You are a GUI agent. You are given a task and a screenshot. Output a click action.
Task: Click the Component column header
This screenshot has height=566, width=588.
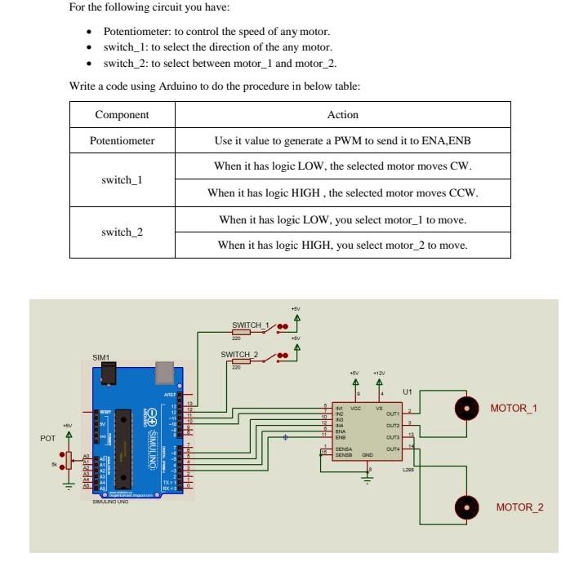pos(122,115)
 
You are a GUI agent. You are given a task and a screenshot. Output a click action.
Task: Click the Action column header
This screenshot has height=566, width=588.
pos(343,115)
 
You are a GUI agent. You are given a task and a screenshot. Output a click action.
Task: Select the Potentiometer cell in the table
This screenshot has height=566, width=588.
pos(122,141)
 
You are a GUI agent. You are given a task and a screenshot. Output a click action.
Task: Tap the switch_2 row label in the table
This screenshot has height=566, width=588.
pos(122,232)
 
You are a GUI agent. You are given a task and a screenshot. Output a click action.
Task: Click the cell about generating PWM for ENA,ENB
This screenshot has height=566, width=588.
pos(343,141)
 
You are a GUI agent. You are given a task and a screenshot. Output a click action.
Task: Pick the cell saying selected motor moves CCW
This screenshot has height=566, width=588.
pos(343,193)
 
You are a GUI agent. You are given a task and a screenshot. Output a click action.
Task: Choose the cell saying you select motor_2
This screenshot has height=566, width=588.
pos(343,245)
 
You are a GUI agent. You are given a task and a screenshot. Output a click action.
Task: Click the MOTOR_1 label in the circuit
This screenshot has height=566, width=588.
pos(513,408)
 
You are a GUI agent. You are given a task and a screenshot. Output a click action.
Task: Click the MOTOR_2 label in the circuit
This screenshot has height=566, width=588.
pos(519,507)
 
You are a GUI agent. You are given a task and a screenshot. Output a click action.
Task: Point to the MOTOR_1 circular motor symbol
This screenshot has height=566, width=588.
pos(466,408)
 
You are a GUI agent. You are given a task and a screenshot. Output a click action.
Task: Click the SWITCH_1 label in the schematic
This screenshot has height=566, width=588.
pos(250,325)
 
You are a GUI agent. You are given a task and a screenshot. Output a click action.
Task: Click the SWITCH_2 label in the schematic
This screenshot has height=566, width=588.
pos(238,354)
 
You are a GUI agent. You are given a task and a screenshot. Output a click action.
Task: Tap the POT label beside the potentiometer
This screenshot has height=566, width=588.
pos(47,438)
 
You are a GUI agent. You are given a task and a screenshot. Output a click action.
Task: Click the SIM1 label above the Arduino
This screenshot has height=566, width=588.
pos(100,356)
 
